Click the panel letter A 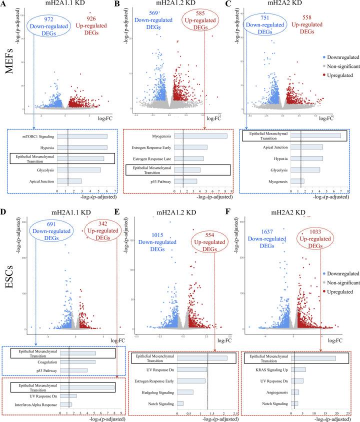click(x=4, y=4)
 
